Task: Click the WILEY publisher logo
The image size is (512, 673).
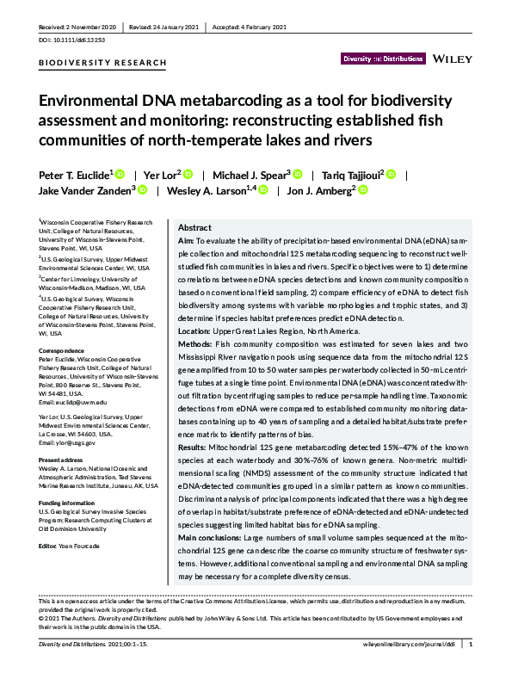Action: pyautogui.click(x=453, y=59)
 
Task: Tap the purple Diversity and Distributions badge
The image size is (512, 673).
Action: pyautogui.click(x=382, y=59)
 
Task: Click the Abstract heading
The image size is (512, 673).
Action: pyautogui.click(x=194, y=227)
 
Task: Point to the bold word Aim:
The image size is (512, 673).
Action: pyautogui.click(x=186, y=243)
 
